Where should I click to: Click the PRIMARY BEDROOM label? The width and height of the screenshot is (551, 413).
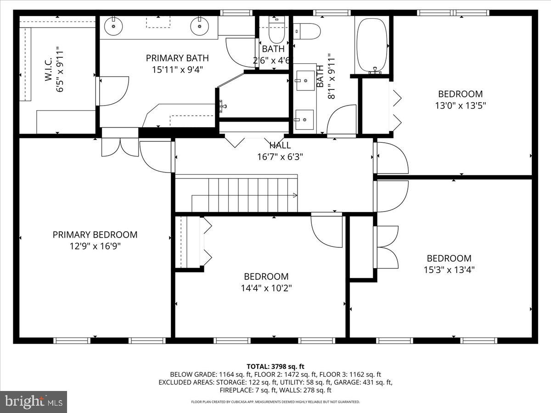(x=95, y=234)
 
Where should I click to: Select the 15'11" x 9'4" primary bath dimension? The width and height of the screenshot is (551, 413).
(x=177, y=70)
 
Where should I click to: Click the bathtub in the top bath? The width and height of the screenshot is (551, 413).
(x=371, y=45)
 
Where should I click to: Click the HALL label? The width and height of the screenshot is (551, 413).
(x=280, y=145)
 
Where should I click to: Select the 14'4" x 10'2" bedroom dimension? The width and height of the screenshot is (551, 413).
(x=266, y=288)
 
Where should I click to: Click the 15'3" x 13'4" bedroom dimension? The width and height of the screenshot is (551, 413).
(x=449, y=270)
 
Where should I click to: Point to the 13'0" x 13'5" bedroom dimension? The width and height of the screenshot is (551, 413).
(x=460, y=106)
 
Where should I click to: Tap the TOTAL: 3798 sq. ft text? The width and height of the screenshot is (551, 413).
(x=275, y=366)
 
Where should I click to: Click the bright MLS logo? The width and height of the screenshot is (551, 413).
(x=34, y=402)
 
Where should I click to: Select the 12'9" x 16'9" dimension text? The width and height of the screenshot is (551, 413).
(x=95, y=246)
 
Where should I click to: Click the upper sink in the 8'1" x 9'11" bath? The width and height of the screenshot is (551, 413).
(x=304, y=81)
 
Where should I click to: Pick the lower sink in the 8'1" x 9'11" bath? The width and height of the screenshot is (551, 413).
(x=304, y=119)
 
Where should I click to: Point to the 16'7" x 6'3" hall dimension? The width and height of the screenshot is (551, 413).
(x=280, y=157)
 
